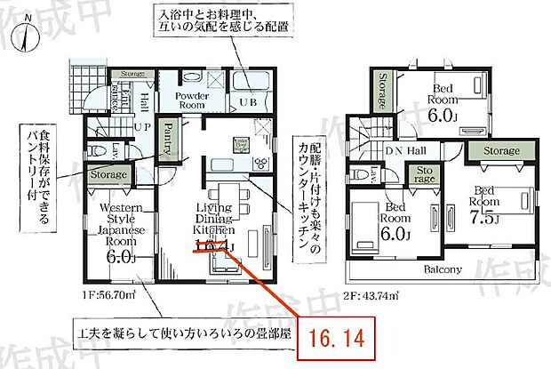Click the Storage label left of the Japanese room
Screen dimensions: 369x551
108,176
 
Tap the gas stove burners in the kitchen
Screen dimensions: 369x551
261,162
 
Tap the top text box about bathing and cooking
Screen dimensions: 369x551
224,21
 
